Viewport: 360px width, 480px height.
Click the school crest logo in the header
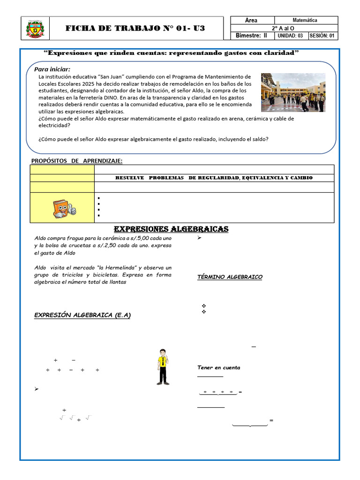click(x=35, y=30)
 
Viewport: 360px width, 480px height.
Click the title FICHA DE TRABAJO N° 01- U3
click(x=135, y=29)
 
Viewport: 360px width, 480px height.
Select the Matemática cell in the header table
click(x=305, y=20)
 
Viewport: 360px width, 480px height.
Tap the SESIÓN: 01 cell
click(x=322, y=36)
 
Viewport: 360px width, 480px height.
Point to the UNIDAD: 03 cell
click(x=291, y=36)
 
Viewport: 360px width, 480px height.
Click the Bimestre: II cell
click(x=251, y=36)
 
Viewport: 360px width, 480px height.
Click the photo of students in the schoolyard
click(x=293, y=92)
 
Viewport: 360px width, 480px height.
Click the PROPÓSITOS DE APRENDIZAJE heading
click(x=76, y=161)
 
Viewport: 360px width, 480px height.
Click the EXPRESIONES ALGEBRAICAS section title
click(x=171, y=229)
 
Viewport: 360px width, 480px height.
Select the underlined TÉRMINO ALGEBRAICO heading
click(x=230, y=277)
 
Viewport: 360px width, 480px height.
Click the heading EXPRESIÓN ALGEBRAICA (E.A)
click(x=82, y=315)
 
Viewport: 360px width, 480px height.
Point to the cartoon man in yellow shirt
click(x=163, y=367)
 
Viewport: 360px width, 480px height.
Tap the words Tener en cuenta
click(x=218, y=367)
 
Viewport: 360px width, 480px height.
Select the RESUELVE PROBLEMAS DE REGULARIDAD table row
click(x=214, y=178)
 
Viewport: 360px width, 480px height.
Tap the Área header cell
click(x=251, y=20)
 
